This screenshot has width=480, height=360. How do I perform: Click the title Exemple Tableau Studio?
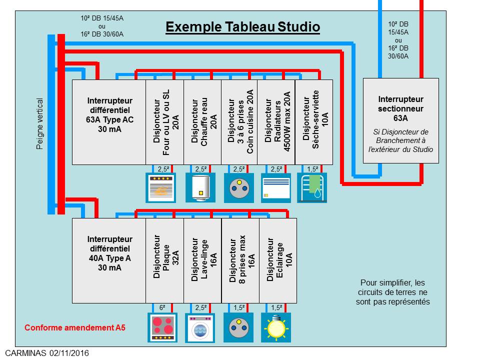tap(242, 26)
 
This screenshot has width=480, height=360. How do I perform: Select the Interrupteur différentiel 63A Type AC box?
tap(109, 122)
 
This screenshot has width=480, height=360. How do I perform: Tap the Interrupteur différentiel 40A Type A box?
tap(109, 260)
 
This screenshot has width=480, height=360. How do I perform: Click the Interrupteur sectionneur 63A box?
tap(400, 120)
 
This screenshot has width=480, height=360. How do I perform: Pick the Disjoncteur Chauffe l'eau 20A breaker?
tap(202, 122)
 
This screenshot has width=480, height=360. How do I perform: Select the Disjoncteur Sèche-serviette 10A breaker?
tap(314, 122)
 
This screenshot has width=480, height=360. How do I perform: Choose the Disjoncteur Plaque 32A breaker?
tap(164, 260)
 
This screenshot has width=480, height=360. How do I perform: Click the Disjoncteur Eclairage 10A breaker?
tap(278, 260)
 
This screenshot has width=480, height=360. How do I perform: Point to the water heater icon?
tap(200, 187)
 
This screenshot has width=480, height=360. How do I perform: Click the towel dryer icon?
tap(312, 187)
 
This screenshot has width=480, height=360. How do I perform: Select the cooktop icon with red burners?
tap(163, 327)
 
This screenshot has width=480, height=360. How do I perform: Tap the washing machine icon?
tap(200, 327)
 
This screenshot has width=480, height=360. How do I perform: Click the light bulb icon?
tap(275, 327)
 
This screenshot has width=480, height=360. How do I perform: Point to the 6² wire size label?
tap(162, 308)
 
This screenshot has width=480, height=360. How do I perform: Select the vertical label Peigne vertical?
tap(40, 123)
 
